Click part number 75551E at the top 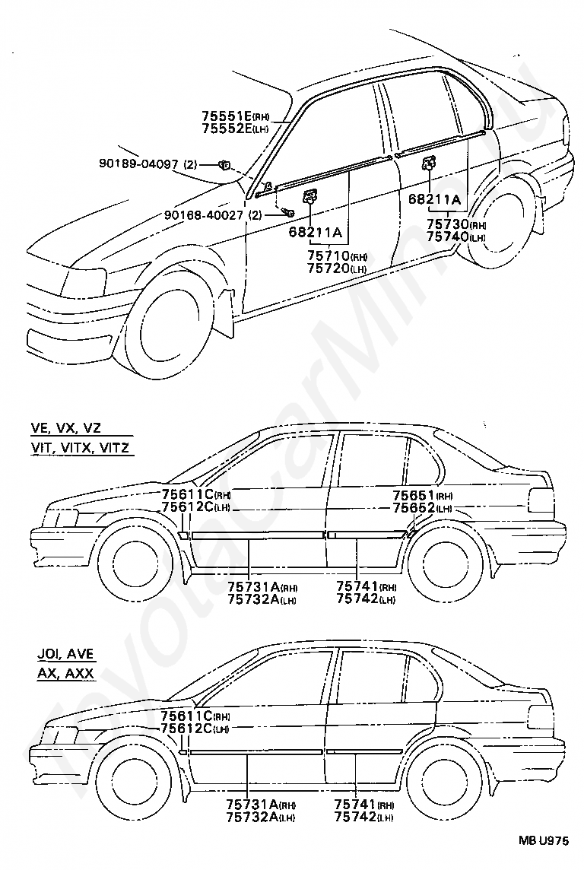(x=227, y=116)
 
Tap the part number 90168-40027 (x=204, y=214)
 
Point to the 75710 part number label (x=328, y=256)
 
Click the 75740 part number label (x=448, y=237)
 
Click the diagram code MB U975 (x=544, y=840)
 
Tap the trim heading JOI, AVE (x=65, y=654)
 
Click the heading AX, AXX (x=65, y=674)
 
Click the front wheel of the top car (x=167, y=332)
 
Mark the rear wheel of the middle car (x=449, y=569)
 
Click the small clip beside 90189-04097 (x=224, y=164)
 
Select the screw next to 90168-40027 (x=287, y=212)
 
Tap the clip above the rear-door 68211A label (x=429, y=163)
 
